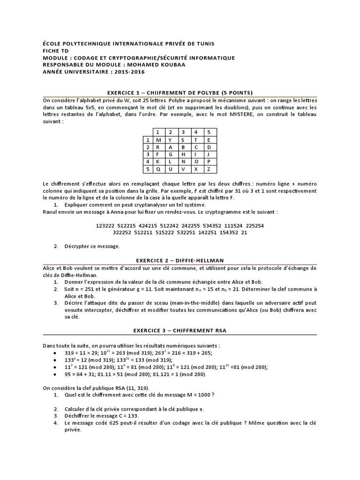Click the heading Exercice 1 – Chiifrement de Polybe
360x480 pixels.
180,92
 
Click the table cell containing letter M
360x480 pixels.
158,140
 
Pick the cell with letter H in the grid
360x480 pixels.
183,154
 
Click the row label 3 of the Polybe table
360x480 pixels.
147,154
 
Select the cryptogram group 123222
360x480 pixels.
105,225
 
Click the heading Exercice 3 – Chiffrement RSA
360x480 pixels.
180,330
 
